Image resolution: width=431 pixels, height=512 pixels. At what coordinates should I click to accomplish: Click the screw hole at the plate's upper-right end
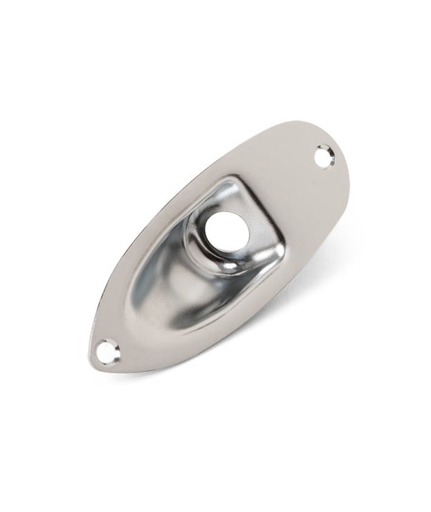324,154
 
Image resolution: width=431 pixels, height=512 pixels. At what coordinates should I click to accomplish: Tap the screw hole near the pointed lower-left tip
107,351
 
